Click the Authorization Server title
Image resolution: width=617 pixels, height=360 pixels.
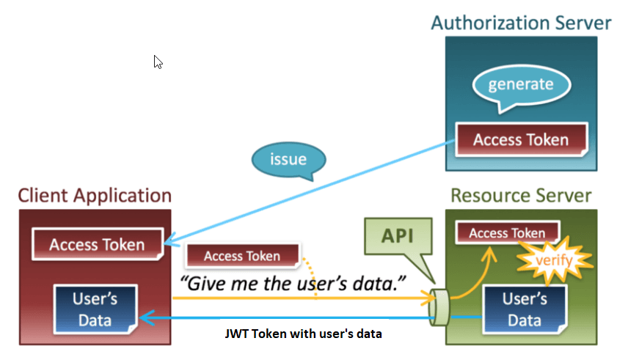pyautogui.click(x=521, y=23)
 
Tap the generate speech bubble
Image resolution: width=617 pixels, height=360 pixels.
pyautogui.click(x=521, y=84)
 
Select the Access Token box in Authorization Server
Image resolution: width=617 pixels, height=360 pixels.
pyautogui.click(x=521, y=139)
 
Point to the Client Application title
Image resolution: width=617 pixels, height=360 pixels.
pyautogui.click(x=95, y=196)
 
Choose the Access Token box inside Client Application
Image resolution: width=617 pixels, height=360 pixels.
pyautogui.click(x=97, y=244)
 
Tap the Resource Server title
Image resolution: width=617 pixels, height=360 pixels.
pyautogui.click(x=521, y=196)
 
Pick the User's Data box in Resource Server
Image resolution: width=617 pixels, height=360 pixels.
pyautogui.click(x=524, y=309)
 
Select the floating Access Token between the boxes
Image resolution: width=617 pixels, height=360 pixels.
pyautogui.click(x=242, y=256)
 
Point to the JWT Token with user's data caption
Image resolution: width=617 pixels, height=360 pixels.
pyautogui.click(x=303, y=334)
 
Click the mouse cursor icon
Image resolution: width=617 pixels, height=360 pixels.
pyautogui.click(x=158, y=62)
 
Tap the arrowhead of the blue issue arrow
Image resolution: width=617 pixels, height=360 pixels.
pyautogui.click(x=169, y=243)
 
